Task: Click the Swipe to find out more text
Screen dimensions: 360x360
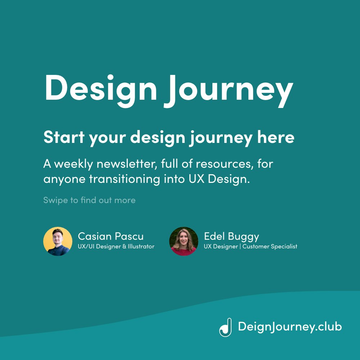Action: coord(89,200)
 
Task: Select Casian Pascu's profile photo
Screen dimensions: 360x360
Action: coord(58,241)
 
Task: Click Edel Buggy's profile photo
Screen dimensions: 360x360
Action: coord(184,241)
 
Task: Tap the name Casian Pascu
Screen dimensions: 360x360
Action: coord(111,237)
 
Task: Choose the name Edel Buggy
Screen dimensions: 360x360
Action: coord(231,237)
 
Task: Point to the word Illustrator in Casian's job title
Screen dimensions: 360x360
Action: coord(141,247)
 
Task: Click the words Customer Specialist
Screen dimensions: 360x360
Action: coord(270,247)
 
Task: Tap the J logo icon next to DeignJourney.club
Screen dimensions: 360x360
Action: coord(225,327)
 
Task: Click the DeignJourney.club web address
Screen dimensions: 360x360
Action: coord(290,327)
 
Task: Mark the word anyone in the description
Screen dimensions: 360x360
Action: coord(60,179)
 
